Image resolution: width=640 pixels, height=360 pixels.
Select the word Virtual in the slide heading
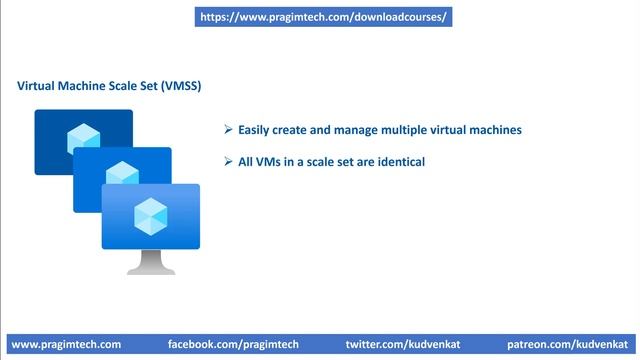tap(38, 86)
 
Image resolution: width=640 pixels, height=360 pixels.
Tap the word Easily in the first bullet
tap(257, 130)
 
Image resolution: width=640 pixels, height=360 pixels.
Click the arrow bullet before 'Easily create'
tap(228, 130)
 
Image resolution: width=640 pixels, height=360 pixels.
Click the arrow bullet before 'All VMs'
tap(228, 161)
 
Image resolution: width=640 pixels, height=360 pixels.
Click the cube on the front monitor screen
tap(151, 214)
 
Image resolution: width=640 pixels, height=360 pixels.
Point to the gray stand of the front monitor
tap(151, 262)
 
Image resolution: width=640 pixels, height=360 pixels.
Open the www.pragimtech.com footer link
tap(66, 344)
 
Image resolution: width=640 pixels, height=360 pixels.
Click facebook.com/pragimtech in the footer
tap(233, 344)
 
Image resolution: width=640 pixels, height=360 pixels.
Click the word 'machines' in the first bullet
tap(494, 130)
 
